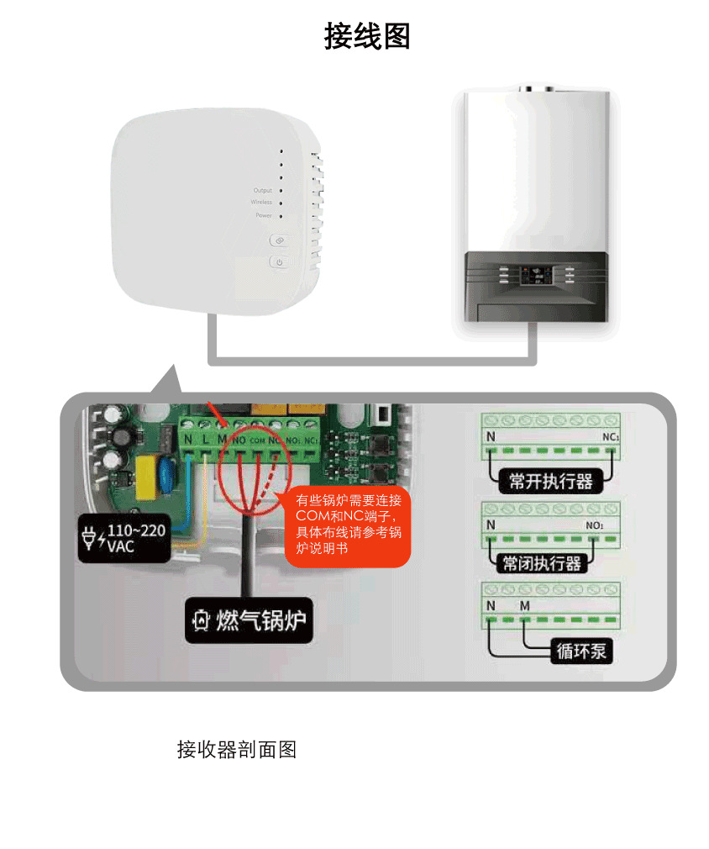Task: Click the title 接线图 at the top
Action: pos(367,37)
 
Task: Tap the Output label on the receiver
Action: pos(263,191)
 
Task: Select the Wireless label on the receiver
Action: pos(261,203)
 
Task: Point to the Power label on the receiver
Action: pos(264,216)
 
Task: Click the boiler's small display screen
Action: pos(534,275)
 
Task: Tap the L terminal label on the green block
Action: pos(206,439)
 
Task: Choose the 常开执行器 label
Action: pos(550,481)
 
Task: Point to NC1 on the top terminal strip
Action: pos(611,438)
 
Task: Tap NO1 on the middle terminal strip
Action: pos(595,525)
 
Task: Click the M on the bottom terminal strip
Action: pos(525,605)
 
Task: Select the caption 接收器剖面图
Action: pos(236,749)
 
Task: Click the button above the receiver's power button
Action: pos(279,240)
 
